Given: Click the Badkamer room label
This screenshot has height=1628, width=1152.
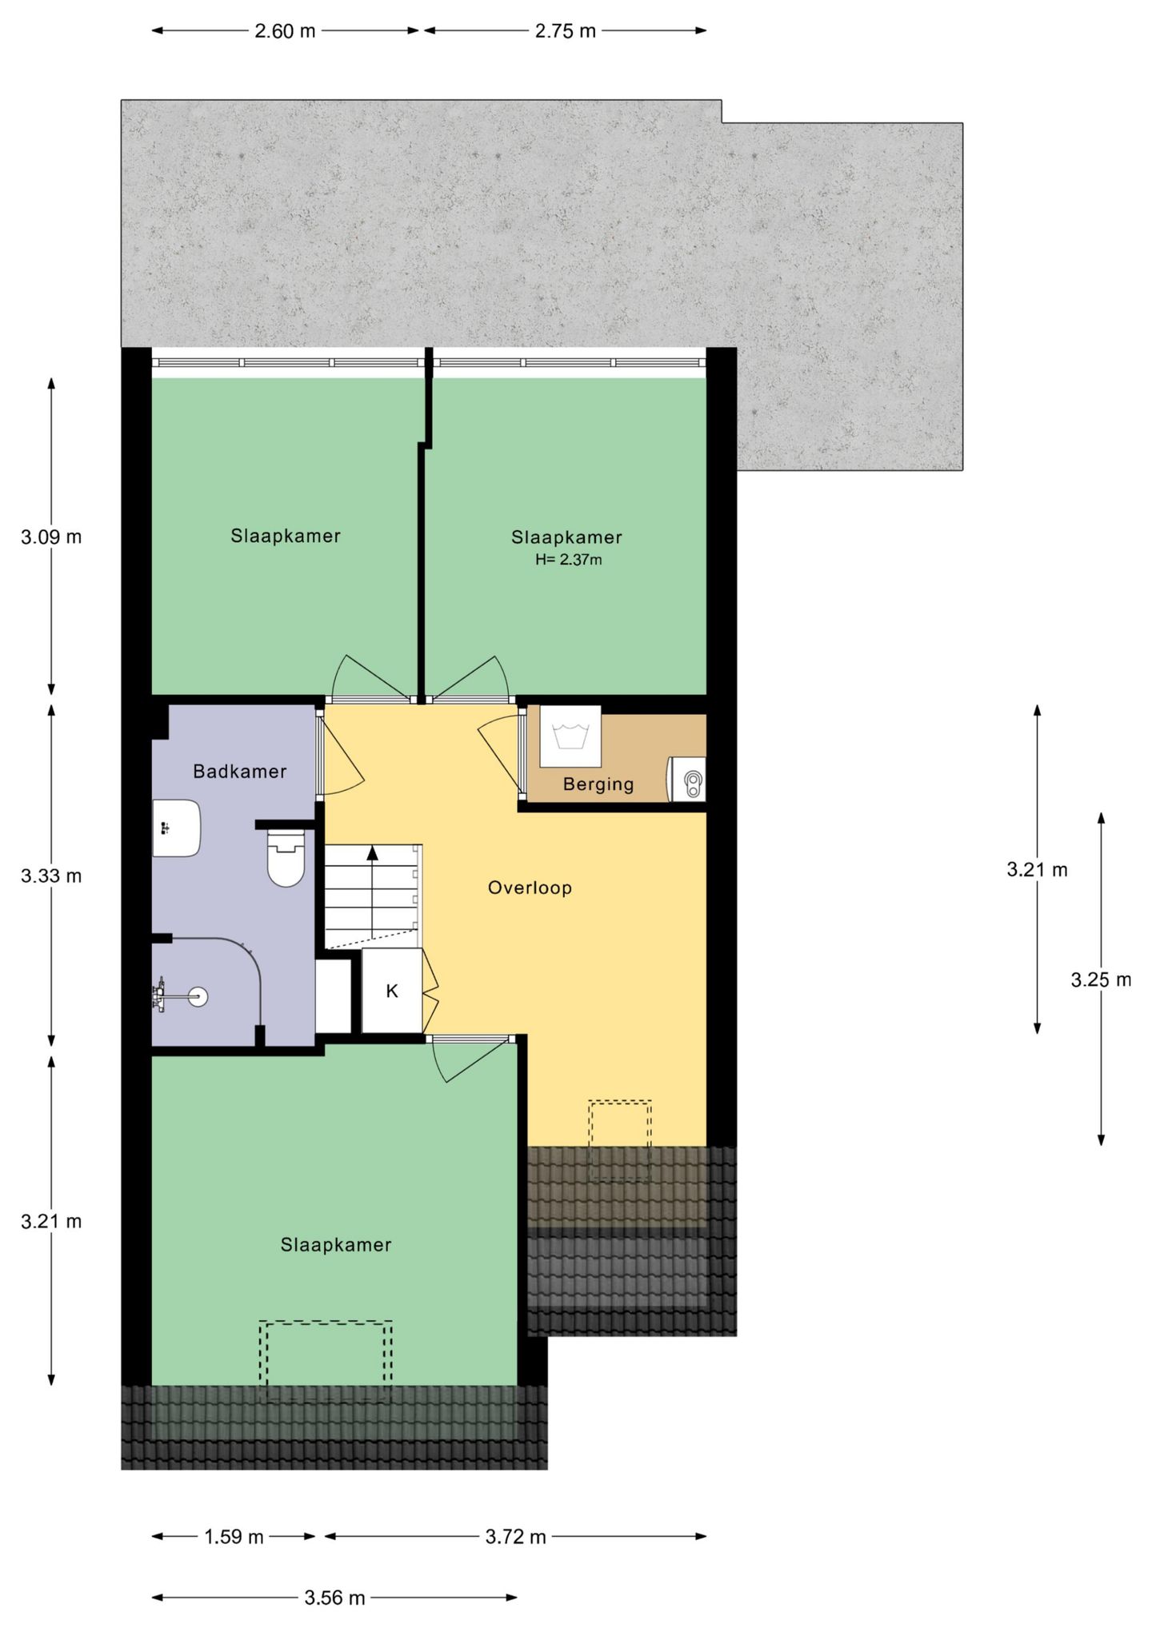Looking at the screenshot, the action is (x=239, y=772).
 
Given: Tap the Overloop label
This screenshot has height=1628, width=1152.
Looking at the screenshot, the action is (x=530, y=888).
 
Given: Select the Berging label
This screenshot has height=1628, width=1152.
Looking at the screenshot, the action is (x=598, y=784).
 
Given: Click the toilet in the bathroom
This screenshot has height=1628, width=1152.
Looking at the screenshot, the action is (x=286, y=858).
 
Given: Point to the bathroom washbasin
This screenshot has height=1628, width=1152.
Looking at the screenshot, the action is (x=176, y=828).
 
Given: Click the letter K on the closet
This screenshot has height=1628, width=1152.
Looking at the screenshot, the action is (x=392, y=992).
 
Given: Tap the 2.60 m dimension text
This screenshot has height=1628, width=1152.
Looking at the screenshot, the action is (x=285, y=31).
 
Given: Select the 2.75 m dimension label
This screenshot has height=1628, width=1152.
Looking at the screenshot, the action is (x=565, y=31).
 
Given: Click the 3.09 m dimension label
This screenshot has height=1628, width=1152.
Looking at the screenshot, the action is (x=51, y=537).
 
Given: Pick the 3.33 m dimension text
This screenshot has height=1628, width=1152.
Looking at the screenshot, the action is (x=51, y=876).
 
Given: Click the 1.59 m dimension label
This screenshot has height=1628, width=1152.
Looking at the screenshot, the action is (x=234, y=1537).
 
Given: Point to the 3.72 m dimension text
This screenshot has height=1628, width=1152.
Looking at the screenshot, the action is (x=515, y=1537).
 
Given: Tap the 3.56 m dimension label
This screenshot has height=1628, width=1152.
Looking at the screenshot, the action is (x=334, y=1598).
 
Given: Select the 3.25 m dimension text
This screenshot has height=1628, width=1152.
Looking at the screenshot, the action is (x=1101, y=980).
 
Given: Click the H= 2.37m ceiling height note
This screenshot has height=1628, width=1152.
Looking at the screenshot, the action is (x=568, y=560).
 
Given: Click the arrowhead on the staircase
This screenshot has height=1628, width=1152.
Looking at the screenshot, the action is (x=372, y=852).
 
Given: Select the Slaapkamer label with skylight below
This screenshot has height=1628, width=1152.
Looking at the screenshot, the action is (x=335, y=1245).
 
